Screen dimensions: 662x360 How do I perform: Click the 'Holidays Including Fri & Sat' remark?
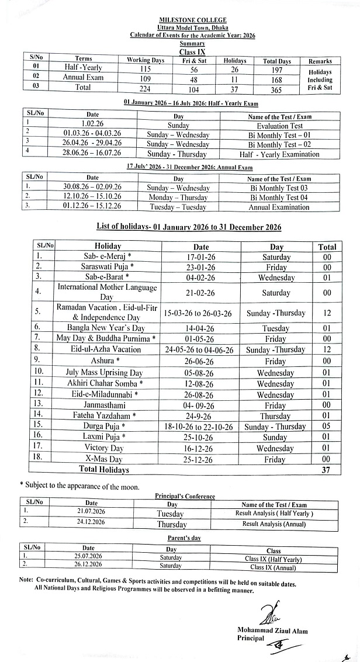point(320,79)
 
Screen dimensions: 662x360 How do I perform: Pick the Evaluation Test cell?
point(279,126)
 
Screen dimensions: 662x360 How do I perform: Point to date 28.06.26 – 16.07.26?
point(92,154)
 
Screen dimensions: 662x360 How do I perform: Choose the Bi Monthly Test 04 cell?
point(279,197)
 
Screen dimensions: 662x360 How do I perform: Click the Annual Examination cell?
point(279,207)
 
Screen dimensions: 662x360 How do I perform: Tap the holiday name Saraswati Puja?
point(108,266)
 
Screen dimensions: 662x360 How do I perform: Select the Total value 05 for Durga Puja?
point(327,426)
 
